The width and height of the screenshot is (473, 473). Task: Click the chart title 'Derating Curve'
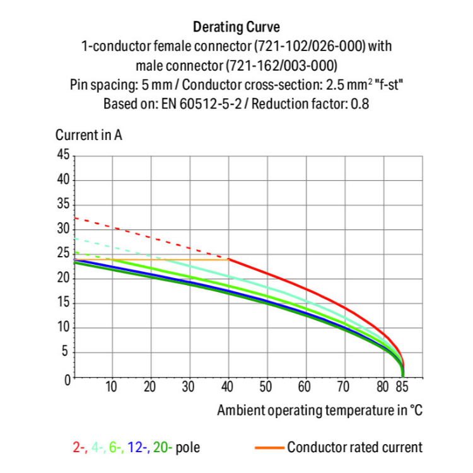[237, 27]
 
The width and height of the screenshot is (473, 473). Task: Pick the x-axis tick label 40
[228, 387]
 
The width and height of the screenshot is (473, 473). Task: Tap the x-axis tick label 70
[344, 387]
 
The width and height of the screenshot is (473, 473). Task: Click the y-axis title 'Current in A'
[89, 135]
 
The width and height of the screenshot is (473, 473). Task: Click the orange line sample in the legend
[269, 448]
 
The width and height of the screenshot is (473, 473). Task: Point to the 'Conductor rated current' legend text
[354, 448]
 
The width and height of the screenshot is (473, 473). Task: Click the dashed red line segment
[151, 238]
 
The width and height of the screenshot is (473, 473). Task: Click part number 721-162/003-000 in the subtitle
[281, 65]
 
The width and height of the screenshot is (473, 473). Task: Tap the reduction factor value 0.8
[359, 103]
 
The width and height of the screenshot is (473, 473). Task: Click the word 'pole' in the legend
[189, 448]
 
